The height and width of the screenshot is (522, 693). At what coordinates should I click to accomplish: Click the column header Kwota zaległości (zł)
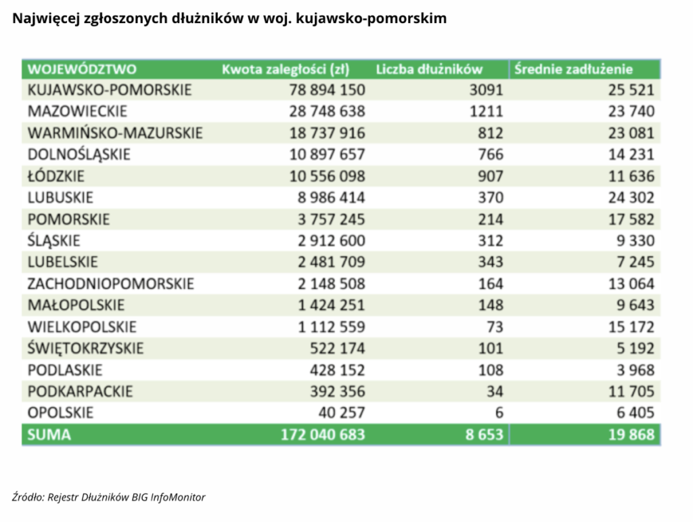[286, 69]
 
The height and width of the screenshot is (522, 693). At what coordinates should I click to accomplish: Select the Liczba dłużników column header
[429, 69]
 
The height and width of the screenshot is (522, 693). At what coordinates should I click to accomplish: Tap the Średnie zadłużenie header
[573, 69]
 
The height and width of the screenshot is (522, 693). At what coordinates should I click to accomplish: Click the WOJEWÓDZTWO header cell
[82, 69]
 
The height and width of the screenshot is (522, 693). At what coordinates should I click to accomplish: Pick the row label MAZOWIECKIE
[77, 111]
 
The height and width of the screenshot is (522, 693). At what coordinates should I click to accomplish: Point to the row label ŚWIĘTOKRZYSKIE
[86, 348]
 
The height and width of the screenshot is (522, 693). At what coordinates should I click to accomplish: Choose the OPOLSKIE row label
[60, 413]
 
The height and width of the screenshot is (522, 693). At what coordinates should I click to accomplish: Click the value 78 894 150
[327, 90]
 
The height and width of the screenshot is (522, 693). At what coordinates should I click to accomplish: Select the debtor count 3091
[486, 90]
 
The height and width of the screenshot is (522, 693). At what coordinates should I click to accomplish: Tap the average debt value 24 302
[631, 197]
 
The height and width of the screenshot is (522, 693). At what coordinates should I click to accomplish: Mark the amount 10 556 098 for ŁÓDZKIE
[327, 176]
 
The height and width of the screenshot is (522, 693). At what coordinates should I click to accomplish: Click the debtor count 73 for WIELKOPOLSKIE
[495, 326]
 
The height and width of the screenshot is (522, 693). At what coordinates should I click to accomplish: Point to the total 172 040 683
[323, 435]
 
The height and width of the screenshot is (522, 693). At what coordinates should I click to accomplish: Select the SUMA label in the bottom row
[49, 435]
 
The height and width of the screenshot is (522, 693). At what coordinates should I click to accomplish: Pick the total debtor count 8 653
[485, 435]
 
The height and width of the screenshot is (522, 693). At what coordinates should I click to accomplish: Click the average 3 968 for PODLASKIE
[635, 370]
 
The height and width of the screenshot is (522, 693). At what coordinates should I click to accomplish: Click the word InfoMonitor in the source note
[178, 497]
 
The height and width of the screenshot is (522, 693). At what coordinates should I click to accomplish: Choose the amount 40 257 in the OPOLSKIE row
[342, 413]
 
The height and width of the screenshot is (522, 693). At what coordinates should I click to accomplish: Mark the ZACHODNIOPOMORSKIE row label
[111, 283]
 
